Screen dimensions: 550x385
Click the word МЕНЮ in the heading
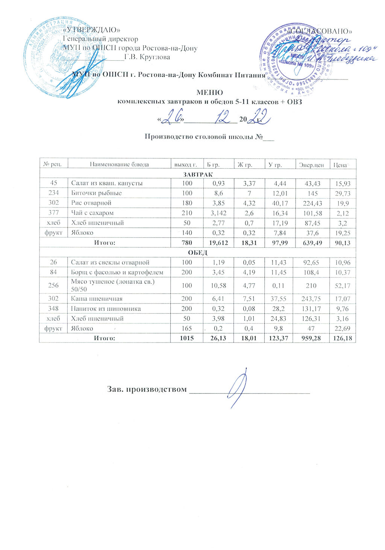point(210,93)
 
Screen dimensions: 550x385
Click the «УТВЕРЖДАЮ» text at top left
point(92,30)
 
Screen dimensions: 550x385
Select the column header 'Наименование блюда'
point(119,165)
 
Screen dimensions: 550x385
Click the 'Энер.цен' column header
point(310,165)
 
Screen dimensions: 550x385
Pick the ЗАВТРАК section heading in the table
point(197,174)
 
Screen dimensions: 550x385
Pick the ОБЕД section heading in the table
point(197,253)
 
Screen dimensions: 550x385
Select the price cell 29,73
point(342,193)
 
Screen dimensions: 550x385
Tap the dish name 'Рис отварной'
point(91,203)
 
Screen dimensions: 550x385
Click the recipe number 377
point(54,213)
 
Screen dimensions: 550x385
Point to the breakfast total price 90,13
point(342,243)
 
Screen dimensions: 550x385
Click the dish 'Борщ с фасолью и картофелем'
point(117,272)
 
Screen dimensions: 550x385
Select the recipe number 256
point(54,285)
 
